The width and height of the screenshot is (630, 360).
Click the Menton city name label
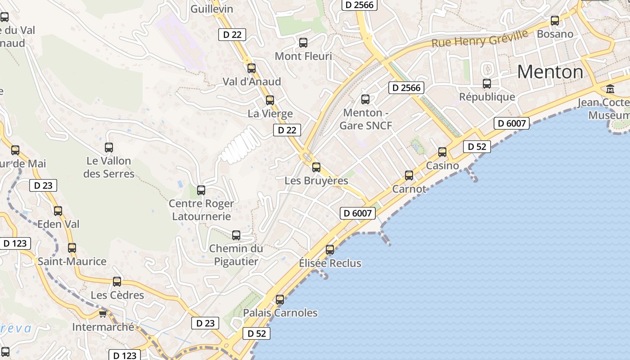(550, 72)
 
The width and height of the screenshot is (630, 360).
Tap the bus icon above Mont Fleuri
(303, 43)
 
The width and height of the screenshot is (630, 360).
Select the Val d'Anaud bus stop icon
(252, 68)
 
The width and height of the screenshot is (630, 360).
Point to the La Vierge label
(270, 114)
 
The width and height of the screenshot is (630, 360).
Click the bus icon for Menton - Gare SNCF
(365, 99)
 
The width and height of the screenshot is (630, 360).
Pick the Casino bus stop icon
(442, 152)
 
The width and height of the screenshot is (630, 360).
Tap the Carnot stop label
(409, 189)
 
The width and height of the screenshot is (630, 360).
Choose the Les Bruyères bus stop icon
(316, 167)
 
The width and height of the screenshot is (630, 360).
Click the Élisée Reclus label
(330, 263)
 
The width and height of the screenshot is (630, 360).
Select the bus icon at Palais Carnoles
(280, 299)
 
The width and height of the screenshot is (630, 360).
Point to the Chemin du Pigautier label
(236, 255)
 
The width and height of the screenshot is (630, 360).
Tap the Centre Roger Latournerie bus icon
(201, 190)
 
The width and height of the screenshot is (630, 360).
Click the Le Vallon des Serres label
(109, 167)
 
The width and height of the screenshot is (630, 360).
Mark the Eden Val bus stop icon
(58, 211)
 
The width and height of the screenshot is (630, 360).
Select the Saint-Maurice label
(72, 261)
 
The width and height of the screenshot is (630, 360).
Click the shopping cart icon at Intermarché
(103, 314)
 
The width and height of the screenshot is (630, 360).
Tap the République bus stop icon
(487, 84)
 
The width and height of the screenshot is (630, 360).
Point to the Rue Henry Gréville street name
(480, 39)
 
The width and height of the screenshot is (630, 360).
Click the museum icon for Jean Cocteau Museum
(610, 89)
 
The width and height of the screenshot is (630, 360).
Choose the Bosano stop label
(555, 34)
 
